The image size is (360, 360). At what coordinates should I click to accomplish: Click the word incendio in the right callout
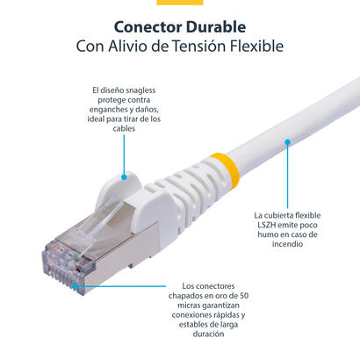(x=286, y=246)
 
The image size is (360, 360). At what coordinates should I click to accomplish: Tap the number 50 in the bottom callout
(x=238, y=295)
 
